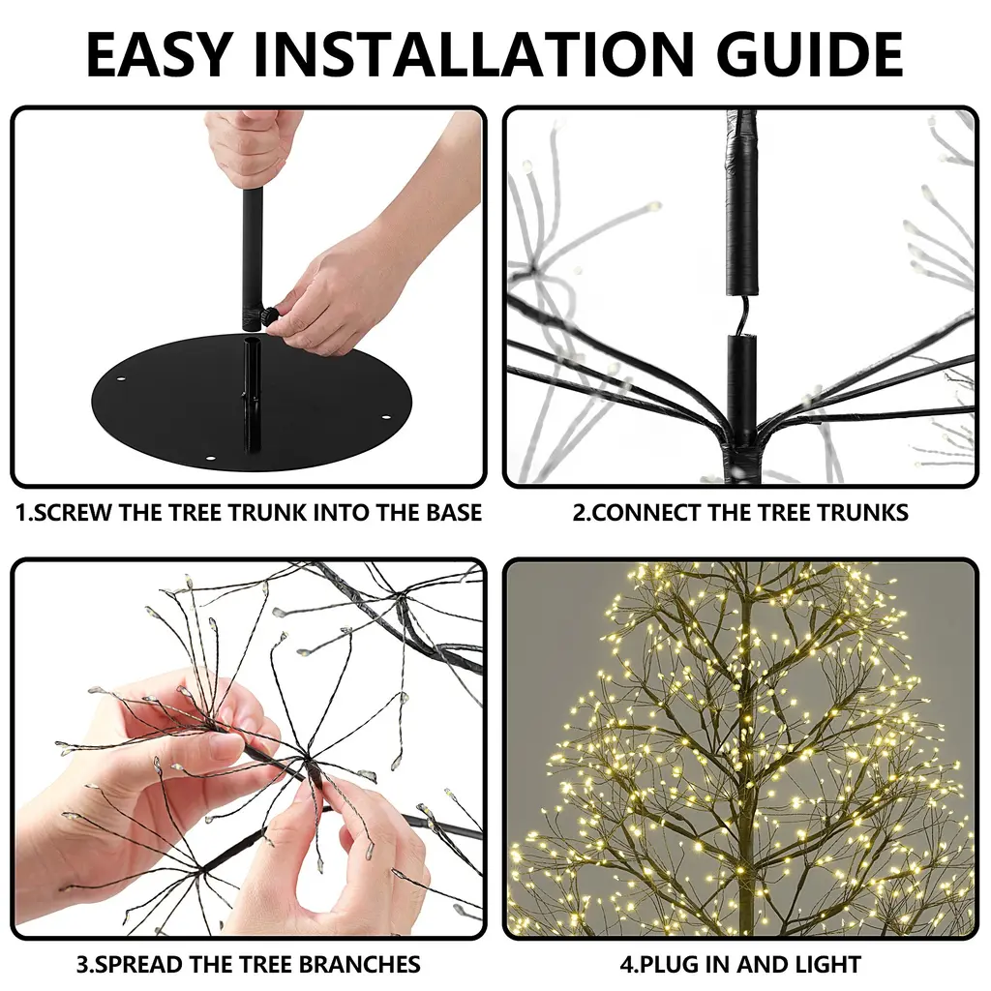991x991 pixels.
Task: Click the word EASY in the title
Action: [159, 54]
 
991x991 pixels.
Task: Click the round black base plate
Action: [252, 404]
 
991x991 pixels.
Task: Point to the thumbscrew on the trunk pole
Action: [269, 315]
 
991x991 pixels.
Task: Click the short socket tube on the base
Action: [252, 393]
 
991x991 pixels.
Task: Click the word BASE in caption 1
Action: [454, 513]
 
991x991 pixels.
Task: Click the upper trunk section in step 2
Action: [741, 202]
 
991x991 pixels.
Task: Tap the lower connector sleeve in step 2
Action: [741, 385]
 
